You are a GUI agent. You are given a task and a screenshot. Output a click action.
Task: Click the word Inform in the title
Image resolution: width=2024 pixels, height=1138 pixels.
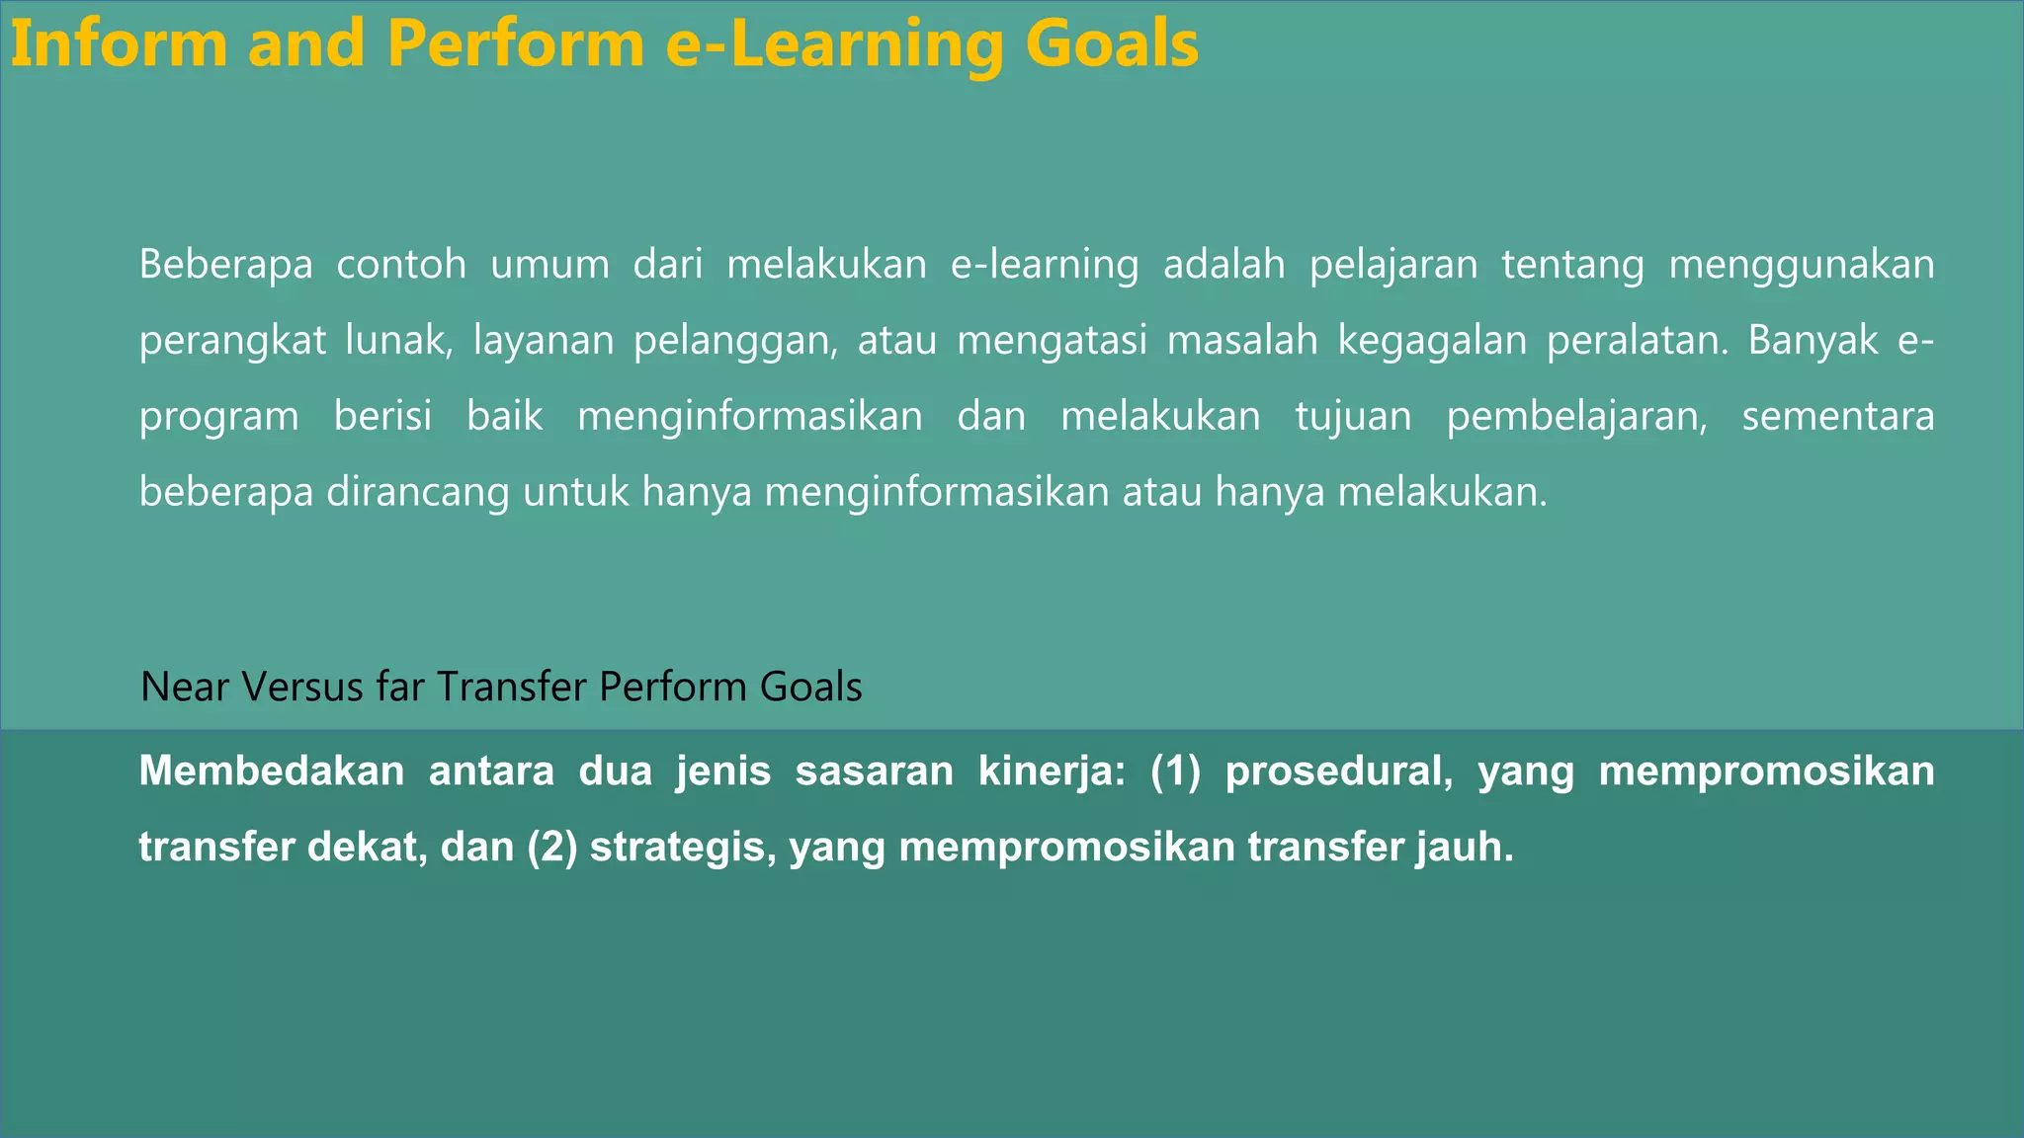(119, 44)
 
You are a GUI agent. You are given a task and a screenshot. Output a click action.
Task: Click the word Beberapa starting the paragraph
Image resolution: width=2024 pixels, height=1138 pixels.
(225, 265)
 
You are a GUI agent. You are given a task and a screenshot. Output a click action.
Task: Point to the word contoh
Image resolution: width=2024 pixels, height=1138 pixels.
(401, 265)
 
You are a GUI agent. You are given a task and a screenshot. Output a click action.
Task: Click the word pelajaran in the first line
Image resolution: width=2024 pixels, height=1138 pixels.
(1393, 265)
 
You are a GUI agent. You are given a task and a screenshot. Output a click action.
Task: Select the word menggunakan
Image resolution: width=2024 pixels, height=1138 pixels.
(1801, 265)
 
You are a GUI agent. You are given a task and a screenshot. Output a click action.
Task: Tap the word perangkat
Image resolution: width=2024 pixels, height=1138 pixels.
(232, 341)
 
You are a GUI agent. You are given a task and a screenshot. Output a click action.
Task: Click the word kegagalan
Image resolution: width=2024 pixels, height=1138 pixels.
(1430, 341)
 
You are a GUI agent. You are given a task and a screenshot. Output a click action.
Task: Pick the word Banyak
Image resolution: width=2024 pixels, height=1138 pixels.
(1813, 341)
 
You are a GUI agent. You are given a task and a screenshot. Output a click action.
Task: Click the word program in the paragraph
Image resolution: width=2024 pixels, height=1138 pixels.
(218, 417)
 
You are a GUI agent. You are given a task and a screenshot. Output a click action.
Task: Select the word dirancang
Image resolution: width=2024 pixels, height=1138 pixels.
(418, 492)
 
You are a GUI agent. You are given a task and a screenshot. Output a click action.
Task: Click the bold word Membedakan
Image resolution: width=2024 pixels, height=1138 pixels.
(271, 772)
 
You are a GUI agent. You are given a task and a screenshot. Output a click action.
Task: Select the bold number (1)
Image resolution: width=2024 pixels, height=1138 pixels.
(1175, 772)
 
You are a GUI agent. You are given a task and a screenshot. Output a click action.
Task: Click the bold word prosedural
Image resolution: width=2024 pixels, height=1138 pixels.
(1338, 772)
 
